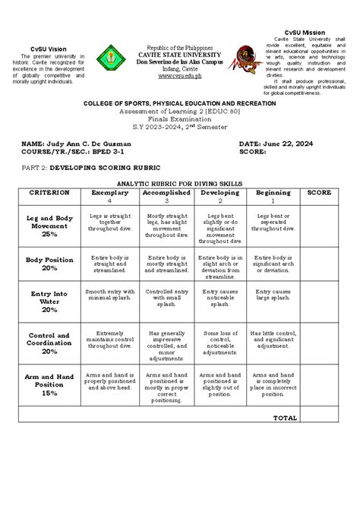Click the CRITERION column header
(x=49, y=193)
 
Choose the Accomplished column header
(x=166, y=193)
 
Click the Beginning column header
(x=273, y=193)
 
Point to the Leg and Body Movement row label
(x=49, y=226)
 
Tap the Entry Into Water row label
(x=49, y=301)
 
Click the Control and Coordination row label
(x=49, y=343)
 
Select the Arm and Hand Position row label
(x=49, y=384)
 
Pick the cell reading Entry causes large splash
(x=273, y=295)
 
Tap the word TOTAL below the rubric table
(x=286, y=418)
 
